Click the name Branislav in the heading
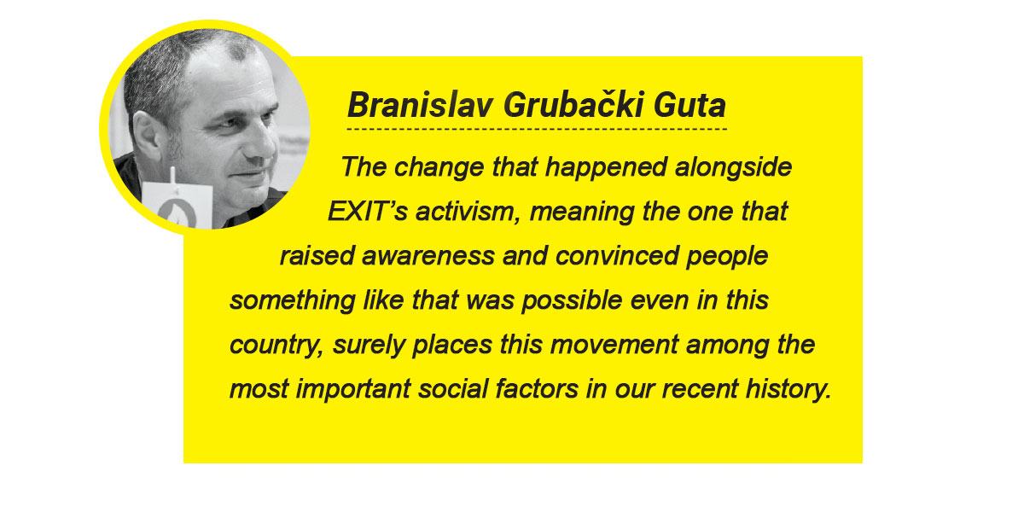tap(420, 105)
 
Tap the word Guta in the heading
tap(689, 105)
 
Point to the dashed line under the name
tap(537, 129)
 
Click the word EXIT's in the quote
tap(367, 212)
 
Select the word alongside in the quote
tap(733, 167)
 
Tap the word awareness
tap(428, 256)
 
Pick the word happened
tap(606, 168)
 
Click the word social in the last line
tap(453, 389)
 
